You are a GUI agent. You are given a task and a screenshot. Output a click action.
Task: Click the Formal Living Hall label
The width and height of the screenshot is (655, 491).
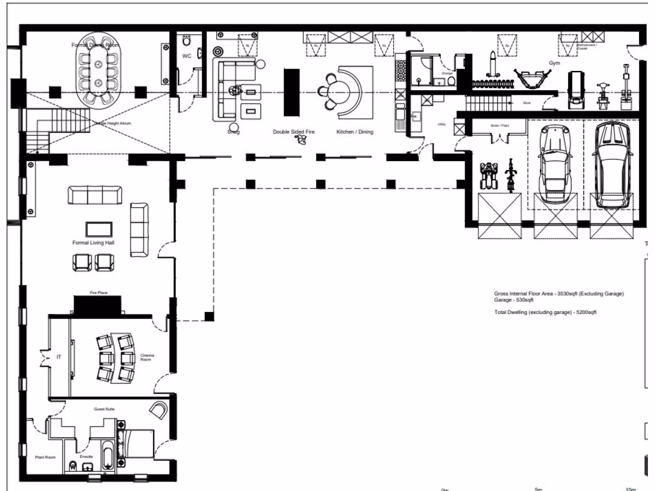point(93,243)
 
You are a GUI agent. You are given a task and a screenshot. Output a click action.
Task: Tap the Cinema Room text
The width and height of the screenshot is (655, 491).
point(148,357)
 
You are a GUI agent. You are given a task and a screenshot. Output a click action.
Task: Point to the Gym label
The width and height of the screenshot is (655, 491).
point(554,63)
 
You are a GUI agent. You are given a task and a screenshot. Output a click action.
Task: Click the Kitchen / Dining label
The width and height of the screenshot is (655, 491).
point(355,132)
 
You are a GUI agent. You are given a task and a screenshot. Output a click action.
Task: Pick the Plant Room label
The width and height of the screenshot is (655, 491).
point(45,457)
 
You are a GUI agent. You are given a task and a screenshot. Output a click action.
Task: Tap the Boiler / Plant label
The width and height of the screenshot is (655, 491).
point(500,125)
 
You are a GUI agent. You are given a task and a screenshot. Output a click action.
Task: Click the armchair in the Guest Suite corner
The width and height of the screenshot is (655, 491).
point(159,409)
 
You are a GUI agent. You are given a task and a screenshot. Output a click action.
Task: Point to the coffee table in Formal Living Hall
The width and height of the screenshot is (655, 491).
point(99,228)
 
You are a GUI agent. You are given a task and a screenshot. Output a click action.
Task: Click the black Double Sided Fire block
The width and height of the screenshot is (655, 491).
point(291,91)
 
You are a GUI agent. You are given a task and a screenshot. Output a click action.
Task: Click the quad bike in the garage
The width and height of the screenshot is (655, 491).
point(489,176)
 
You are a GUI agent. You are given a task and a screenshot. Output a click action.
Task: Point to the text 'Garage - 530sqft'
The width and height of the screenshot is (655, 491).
point(512,299)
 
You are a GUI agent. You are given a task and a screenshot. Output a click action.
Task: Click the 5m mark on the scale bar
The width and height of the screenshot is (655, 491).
point(539,489)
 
